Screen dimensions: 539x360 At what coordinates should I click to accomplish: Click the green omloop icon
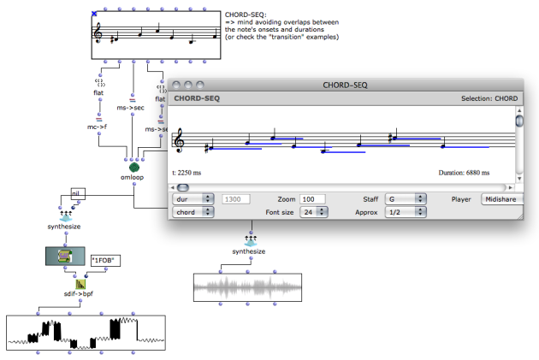[134, 168]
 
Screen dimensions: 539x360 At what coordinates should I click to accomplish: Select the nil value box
[78, 194]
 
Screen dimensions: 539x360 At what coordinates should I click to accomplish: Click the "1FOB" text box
[105, 261]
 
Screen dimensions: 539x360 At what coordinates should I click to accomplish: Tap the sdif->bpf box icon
[80, 284]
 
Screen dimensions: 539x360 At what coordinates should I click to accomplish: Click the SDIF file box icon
[65, 256]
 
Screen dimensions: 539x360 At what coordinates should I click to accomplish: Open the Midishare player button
[502, 199]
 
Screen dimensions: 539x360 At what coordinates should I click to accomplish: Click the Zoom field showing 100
[312, 199]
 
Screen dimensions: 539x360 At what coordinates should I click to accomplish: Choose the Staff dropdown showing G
[406, 199]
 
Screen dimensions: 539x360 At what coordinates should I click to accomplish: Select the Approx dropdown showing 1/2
[406, 212]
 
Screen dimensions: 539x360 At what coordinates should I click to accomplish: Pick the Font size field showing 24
[314, 212]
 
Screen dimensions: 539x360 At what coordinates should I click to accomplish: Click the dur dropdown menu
[193, 199]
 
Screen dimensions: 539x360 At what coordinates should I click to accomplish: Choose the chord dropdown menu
[193, 212]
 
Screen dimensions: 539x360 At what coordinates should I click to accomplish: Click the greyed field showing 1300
[236, 199]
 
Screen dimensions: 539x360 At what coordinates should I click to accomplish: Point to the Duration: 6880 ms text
[464, 173]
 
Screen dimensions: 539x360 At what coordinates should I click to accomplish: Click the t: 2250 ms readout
[187, 173]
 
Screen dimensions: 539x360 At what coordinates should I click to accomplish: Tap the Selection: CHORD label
[489, 98]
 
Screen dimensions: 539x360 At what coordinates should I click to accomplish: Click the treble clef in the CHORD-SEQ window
[179, 141]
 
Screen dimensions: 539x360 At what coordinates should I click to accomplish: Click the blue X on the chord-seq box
[94, 14]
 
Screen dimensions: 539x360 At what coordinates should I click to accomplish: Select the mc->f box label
[97, 127]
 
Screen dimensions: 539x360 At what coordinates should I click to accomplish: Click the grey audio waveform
[247, 287]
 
